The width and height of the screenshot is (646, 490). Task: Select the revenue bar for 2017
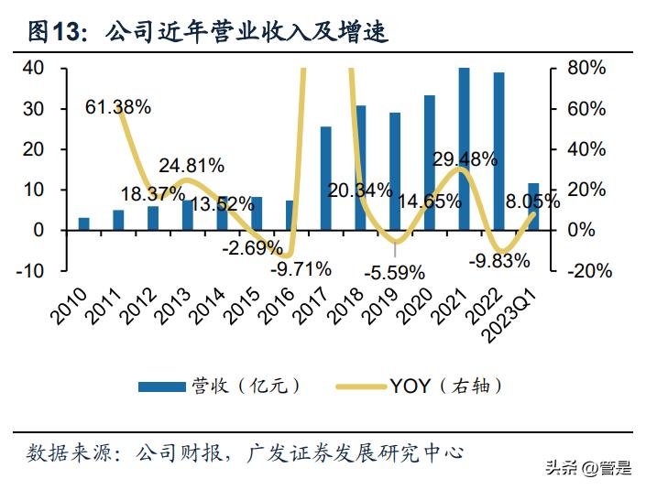click(325, 178)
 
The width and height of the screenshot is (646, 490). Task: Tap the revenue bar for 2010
click(84, 223)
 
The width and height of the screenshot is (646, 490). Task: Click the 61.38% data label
click(118, 107)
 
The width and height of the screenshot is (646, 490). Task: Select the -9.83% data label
click(498, 261)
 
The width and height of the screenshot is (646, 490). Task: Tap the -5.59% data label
click(394, 272)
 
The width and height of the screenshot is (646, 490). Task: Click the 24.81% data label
click(192, 166)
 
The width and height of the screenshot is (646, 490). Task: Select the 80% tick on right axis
click(586, 68)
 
